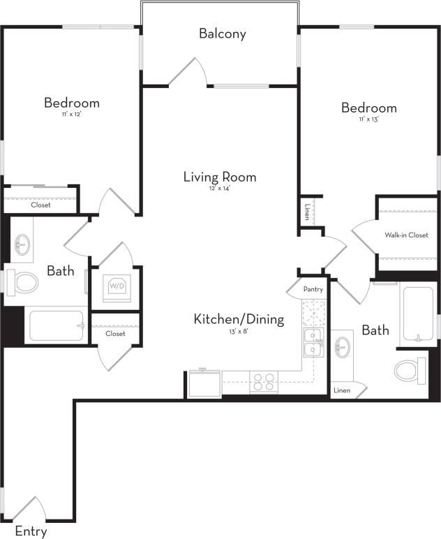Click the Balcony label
point(222,34)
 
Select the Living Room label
point(220,177)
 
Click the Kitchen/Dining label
point(239,320)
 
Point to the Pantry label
point(312,288)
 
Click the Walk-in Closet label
point(406,235)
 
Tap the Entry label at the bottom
point(31,531)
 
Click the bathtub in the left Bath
point(56,326)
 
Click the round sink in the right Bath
point(343,346)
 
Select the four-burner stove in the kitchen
point(264,382)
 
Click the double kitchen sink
point(313,342)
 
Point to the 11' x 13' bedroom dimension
point(368,120)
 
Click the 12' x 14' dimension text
point(219,189)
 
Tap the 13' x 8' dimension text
point(239,332)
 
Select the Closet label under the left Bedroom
point(40,205)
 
